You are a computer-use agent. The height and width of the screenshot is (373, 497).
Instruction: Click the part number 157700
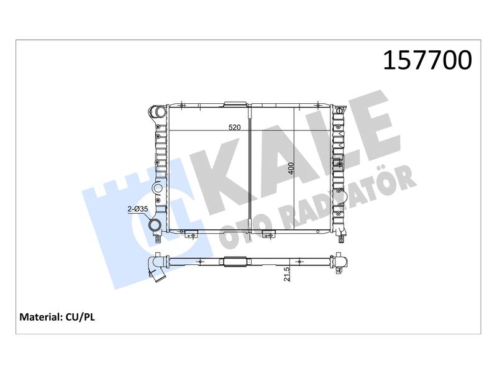[427, 60]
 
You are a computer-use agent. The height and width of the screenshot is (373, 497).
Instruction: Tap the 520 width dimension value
[235, 127]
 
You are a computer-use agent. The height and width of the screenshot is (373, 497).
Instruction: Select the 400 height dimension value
[291, 168]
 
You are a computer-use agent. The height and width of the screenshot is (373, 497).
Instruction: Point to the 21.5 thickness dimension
[286, 274]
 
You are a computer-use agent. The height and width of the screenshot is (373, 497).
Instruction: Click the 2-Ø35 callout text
[137, 209]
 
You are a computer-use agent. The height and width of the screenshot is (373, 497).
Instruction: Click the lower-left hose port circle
[156, 225]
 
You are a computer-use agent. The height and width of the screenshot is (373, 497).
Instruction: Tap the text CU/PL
[80, 317]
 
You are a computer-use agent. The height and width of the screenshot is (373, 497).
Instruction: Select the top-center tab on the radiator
[235, 103]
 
